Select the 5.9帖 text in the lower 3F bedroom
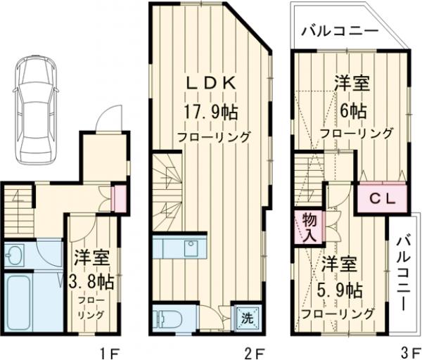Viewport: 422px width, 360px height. [340, 289]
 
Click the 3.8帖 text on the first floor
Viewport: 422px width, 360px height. [91, 281]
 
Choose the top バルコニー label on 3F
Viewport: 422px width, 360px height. [340, 32]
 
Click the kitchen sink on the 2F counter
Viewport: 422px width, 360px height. [190, 247]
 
